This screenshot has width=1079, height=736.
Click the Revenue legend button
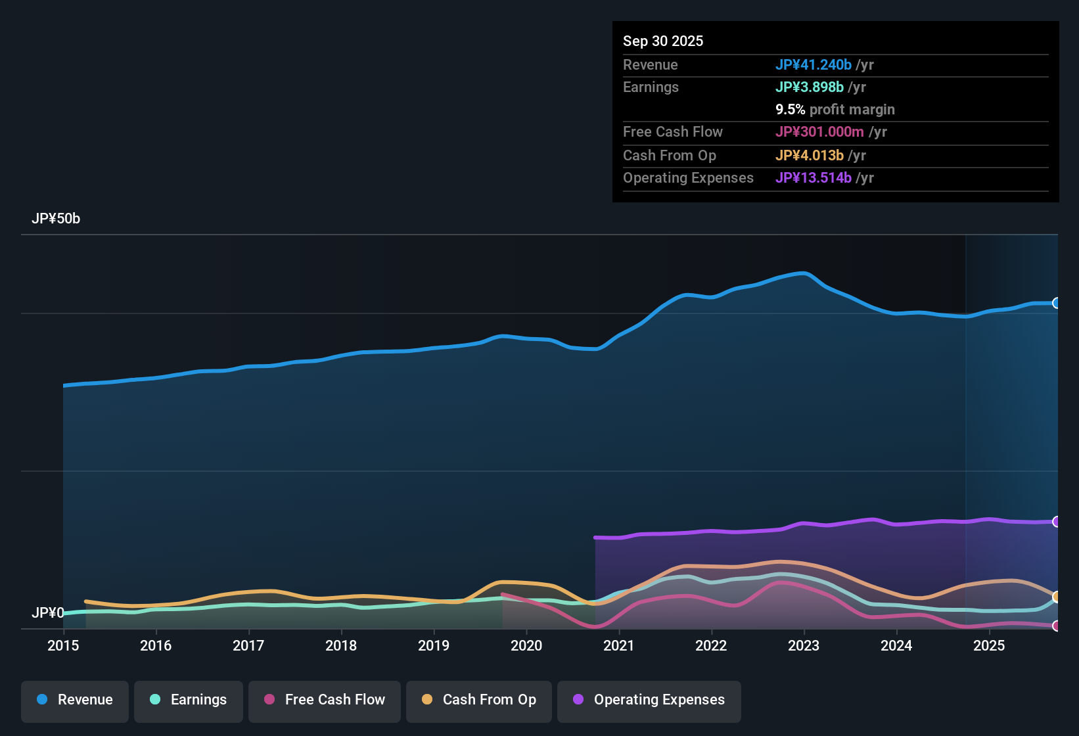coord(74,701)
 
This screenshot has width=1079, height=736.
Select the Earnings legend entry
coord(188,701)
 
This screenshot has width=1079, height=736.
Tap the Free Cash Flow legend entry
coord(324,701)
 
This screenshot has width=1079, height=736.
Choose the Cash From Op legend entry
coord(478,701)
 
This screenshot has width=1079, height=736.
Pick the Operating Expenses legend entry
coord(649,701)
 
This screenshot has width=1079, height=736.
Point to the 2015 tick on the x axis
coord(63,645)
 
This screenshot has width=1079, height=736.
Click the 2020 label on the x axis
coord(526,645)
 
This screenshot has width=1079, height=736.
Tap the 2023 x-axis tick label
coord(804,645)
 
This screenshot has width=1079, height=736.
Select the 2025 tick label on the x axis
coord(989,645)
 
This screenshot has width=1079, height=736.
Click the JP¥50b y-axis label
coord(56,219)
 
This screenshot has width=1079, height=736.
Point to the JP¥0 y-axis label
coord(47,612)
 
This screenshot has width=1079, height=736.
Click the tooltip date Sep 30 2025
coord(663,41)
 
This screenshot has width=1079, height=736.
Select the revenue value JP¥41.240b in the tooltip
coord(814,65)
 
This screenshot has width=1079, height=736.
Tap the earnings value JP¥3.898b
coord(810,87)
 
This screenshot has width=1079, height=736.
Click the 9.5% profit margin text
coord(835,110)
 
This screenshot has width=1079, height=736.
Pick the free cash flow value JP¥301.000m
coord(819,132)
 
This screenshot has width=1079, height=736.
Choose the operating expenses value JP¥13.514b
coord(814,178)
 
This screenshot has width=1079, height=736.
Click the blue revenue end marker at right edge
coord(1057,303)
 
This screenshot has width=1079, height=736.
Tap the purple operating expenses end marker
coord(1057,522)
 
